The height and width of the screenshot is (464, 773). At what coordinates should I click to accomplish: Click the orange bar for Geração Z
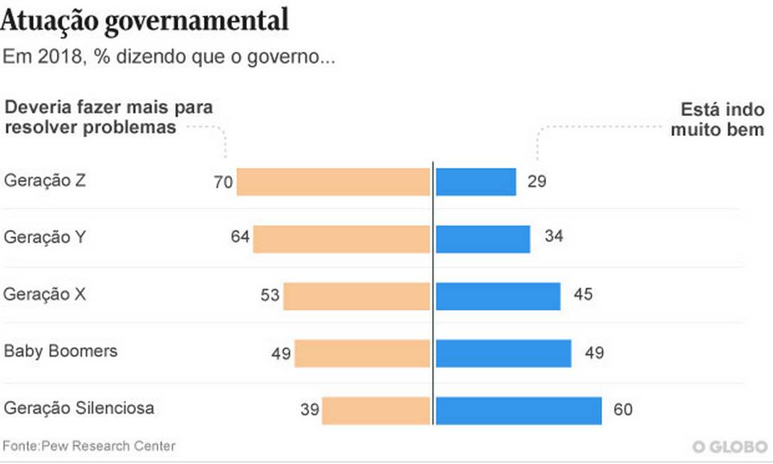(333, 181)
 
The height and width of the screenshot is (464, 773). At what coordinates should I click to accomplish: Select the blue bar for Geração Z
(475, 181)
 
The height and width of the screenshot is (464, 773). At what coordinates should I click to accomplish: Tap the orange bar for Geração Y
(341, 239)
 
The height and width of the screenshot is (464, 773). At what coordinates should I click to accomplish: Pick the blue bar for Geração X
(498, 296)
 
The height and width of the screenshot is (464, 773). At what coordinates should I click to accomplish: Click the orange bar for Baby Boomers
(362, 353)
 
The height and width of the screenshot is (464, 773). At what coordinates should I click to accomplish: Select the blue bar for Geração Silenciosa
(518, 411)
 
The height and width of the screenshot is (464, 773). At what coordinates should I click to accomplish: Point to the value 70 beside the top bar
(223, 182)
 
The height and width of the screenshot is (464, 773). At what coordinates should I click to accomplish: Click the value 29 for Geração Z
(537, 181)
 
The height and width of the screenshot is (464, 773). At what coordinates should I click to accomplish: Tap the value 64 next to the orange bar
(240, 237)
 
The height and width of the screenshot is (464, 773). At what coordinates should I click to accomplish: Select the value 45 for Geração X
(583, 294)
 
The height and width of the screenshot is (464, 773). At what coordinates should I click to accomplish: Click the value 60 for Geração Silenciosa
(623, 411)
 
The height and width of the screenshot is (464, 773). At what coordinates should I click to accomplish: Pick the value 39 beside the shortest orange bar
(309, 411)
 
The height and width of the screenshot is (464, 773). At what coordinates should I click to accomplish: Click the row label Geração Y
(45, 238)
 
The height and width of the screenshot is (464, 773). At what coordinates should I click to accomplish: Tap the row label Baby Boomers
(61, 352)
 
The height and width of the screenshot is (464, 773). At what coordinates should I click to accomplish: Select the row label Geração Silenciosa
(79, 408)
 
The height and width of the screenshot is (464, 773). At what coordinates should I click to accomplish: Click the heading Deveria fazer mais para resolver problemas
(109, 117)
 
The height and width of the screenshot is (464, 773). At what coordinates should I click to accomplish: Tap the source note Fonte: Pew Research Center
(89, 446)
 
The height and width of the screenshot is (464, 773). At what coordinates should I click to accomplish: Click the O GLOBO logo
(731, 446)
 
